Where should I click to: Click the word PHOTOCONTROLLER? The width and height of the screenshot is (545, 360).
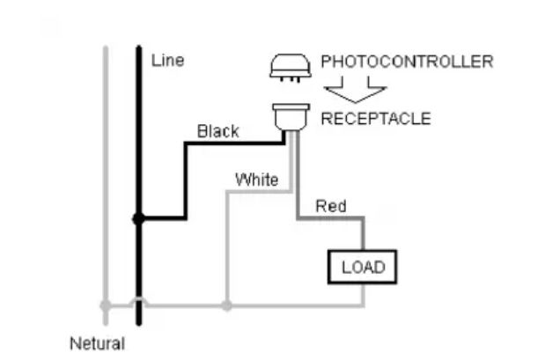point(407,62)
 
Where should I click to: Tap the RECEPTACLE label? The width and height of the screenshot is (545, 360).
point(375,119)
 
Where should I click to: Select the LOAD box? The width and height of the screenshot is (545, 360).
point(363,267)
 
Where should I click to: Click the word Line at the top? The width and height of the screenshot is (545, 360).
point(168,61)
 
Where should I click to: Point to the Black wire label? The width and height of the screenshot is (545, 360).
point(217,131)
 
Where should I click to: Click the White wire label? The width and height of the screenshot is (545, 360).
point(256,180)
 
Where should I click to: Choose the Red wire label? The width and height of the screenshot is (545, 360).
point(330,206)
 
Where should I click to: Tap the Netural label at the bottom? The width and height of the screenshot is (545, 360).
point(97,342)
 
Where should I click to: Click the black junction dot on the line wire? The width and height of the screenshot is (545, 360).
point(138,218)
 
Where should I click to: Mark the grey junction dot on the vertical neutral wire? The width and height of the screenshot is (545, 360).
point(106,305)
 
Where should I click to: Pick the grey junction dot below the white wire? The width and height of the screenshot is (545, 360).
point(227,305)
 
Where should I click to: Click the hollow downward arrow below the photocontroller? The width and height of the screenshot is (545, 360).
point(354,92)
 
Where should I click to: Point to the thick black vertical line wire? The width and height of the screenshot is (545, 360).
point(138,132)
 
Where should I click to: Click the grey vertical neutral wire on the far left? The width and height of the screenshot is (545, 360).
point(106,176)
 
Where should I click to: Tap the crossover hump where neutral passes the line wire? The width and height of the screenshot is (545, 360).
point(138,302)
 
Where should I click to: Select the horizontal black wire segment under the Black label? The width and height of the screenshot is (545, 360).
point(233,143)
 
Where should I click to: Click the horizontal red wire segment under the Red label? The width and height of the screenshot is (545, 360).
point(330,218)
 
